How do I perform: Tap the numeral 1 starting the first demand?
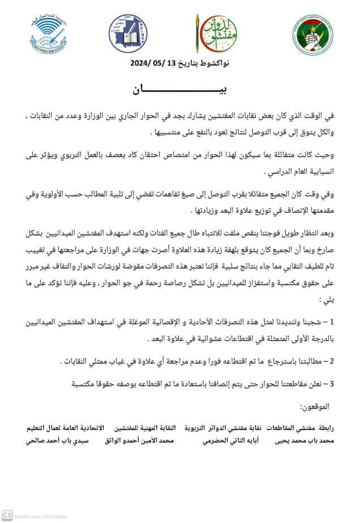(x=332, y=322)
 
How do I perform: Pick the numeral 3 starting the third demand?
(x=332, y=384)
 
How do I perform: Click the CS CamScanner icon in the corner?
(x=7, y=515)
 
